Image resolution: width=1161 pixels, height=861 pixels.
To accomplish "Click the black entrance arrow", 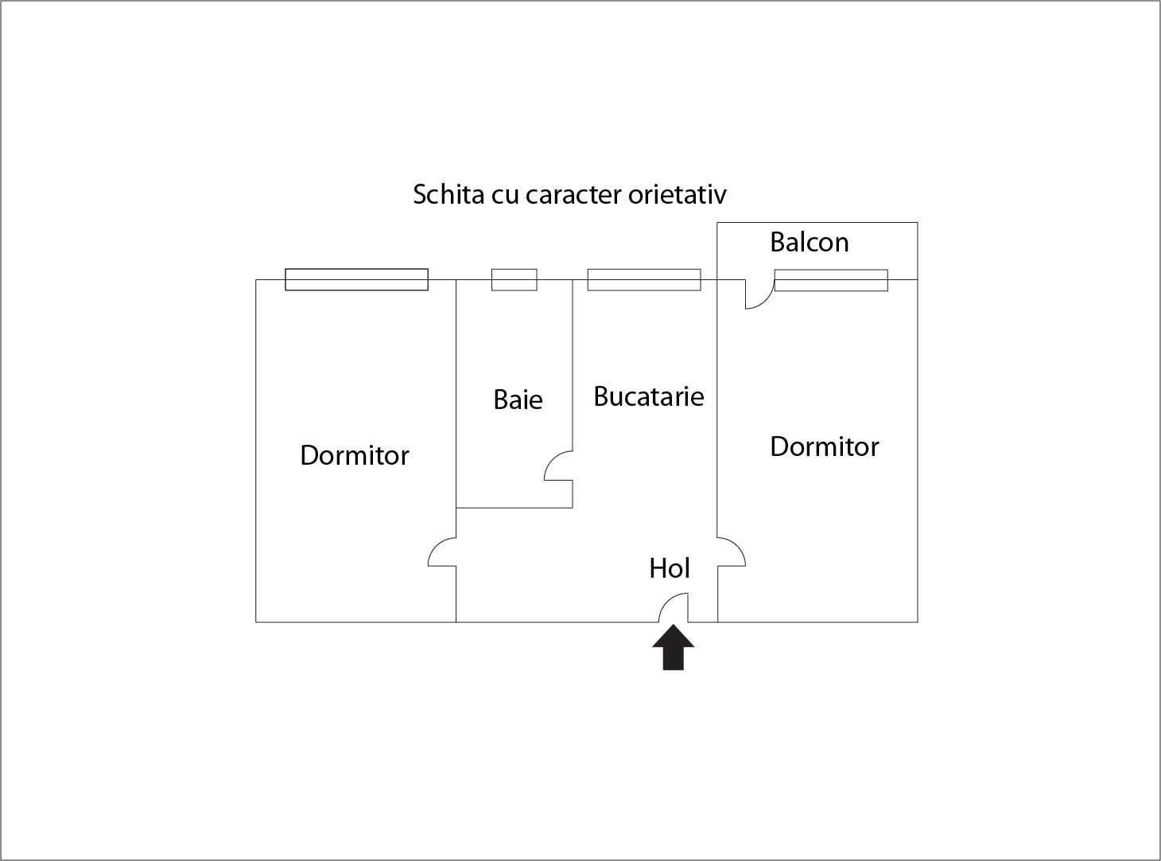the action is tap(674, 648).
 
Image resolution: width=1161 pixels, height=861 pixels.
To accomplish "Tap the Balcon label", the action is tap(810, 242).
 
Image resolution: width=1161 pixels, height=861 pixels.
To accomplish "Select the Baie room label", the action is tap(518, 399).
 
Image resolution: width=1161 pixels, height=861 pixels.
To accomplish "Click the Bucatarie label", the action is tap(649, 396).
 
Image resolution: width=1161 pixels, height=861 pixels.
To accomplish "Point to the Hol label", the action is tap(670, 568).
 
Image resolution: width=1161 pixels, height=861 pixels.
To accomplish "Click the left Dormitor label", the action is tap(355, 455).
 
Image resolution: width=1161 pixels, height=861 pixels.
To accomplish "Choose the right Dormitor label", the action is tap(825, 446).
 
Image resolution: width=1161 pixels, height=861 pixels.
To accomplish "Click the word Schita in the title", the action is tap(448, 194).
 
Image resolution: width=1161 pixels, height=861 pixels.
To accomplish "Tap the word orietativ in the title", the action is tap(678, 194).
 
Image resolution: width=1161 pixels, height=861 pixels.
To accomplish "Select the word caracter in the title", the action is tap(573, 195).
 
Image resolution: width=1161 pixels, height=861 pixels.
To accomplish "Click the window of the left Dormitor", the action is tap(356, 279).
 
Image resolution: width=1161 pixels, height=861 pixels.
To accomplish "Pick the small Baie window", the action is tap(514, 280).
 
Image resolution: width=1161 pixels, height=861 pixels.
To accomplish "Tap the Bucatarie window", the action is tap(644, 280).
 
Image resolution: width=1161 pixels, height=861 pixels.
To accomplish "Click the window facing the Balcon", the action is tap(831, 280).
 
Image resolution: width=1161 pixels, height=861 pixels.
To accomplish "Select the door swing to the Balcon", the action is tap(766, 301).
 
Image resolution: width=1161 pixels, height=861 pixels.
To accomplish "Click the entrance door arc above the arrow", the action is tap(667, 601).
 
